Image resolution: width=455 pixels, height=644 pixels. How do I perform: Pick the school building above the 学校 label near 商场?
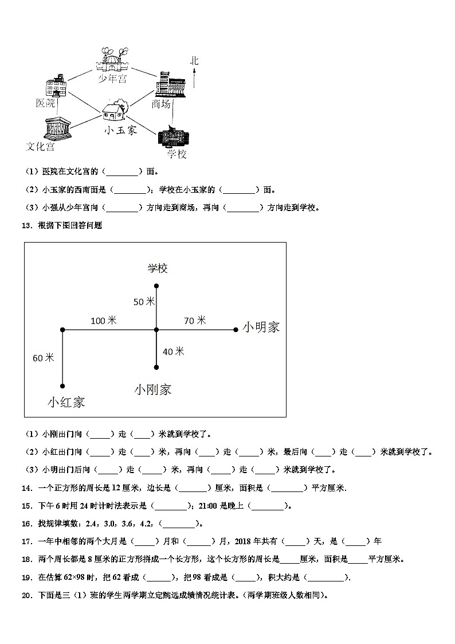click(x=173, y=138)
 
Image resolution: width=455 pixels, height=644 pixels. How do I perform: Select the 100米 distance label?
click(x=103, y=321)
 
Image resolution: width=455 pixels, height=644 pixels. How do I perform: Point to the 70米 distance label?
click(x=195, y=321)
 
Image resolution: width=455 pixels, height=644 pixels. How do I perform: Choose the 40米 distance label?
click(x=173, y=351)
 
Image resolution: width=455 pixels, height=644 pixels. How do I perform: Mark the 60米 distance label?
click(x=43, y=357)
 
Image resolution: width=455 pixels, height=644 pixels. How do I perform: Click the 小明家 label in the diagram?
click(x=261, y=327)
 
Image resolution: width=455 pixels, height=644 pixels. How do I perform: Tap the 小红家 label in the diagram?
click(x=66, y=402)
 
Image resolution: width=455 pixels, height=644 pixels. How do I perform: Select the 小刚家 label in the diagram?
click(x=153, y=389)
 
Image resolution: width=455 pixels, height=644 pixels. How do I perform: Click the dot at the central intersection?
click(x=156, y=330)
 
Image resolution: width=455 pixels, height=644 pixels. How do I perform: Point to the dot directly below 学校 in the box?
click(x=156, y=286)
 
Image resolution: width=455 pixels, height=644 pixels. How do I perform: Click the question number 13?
click(x=26, y=225)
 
